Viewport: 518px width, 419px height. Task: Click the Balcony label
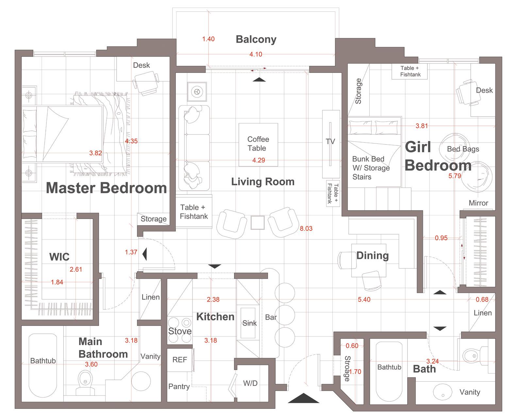click(x=256, y=40)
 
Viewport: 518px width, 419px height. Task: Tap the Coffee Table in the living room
click(x=258, y=144)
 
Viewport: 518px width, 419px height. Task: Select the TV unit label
click(x=330, y=142)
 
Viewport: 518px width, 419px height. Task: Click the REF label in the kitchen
click(x=179, y=360)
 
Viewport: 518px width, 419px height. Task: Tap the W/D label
click(x=250, y=383)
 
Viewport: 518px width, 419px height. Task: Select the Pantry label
click(x=179, y=387)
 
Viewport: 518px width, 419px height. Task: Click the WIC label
click(x=59, y=257)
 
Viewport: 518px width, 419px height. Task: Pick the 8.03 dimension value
click(x=306, y=229)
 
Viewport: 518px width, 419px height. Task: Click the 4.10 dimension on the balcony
click(x=256, y=55)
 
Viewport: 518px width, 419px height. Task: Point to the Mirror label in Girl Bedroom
click(x=478, y=203)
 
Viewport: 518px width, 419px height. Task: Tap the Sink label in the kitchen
click(x=249, y=323)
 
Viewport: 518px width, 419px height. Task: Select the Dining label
click(x=373, y=256)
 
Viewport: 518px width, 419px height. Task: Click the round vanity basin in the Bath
click(x=443, y=392)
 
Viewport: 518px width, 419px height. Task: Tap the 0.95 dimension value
click(x=441, y=238)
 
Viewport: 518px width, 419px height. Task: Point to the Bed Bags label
click(x=463, y=149)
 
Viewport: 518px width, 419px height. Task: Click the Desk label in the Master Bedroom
click(x=142, y=65)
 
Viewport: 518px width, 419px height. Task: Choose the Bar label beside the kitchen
click(x=271, y=317)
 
